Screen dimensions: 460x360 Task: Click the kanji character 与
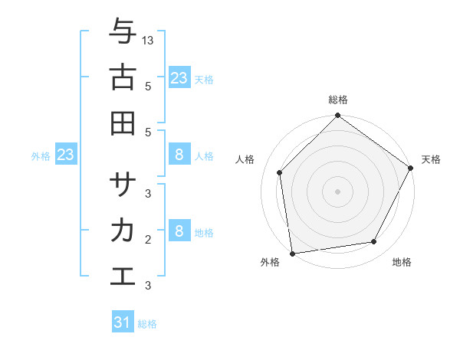click(x=123, y=32)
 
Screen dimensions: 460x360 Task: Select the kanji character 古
click(x=123, y=77)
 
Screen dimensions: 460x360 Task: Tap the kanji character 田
click(x=123, y=122)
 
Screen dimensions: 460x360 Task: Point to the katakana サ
click(x=123, y=184)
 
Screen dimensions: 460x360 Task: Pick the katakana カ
click(x=123, y=230)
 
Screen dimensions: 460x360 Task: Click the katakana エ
click(x=123, y=276)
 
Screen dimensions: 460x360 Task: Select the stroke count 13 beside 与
click(x=148, y=40)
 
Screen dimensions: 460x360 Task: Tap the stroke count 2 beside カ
click(x=148, y=239)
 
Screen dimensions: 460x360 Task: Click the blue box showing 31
click(x=123, y=322)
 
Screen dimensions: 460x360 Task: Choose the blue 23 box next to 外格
click(x=65, y=155)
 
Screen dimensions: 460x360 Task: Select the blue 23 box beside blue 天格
click(x=179, y=77)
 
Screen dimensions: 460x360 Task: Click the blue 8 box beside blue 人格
click(x=179, y=155)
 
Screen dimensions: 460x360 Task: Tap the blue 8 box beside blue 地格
click(x=179, y=231)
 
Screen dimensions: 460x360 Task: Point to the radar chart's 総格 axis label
click(x=338, y=100)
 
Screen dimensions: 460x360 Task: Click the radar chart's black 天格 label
click(x=431, y=159)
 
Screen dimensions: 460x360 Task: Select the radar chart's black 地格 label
click(x=402, y=263)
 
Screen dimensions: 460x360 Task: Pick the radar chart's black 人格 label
click(x=245, y=159)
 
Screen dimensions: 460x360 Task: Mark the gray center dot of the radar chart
click(x=338, y=191)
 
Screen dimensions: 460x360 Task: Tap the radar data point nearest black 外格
click(x=293, y=253)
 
